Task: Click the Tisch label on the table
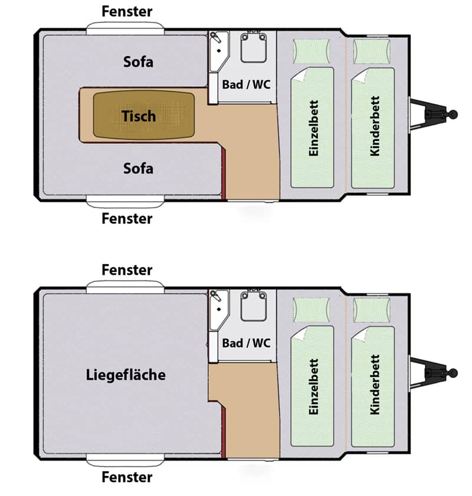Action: [139, 116]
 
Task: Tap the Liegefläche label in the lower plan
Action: [126, 375]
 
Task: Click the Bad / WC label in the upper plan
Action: [246, 84]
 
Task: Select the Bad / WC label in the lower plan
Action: [246, 343]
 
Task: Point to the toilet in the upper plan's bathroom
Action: [253, 47]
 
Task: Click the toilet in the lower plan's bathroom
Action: [253, 306]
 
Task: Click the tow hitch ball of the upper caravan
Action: [453, 114]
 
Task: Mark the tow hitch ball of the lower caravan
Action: [453, 373]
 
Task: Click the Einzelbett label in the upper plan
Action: [313, 128]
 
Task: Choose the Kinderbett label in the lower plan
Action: [375, 385]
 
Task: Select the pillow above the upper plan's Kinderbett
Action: [372, 51]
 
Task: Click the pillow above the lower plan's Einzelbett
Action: [312, 310]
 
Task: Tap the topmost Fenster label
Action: [127, 11]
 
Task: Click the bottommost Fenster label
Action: [127, 477]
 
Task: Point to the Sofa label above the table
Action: [138, 62]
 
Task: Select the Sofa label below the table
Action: [138, 168]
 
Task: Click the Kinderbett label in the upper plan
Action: [375, 126]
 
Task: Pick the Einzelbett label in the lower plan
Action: [313, 386]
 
